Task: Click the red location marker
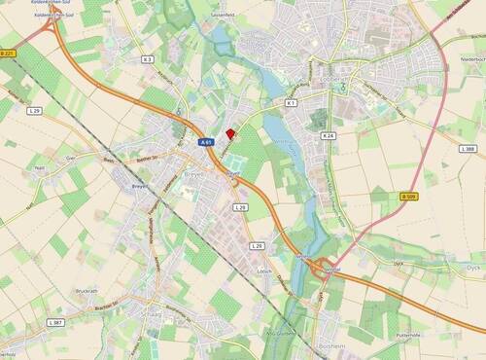pos(230,135)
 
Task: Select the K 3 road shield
pos(148,59)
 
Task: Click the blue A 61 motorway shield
pos(206,142)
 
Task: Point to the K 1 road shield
pos(290,102)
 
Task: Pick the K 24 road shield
pos(328,135)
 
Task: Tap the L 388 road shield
pos(468,149)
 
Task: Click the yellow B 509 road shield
pos(408,197)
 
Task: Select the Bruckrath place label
pos(86,291)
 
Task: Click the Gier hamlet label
pos(69,156)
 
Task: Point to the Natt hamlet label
pos(40,168)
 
